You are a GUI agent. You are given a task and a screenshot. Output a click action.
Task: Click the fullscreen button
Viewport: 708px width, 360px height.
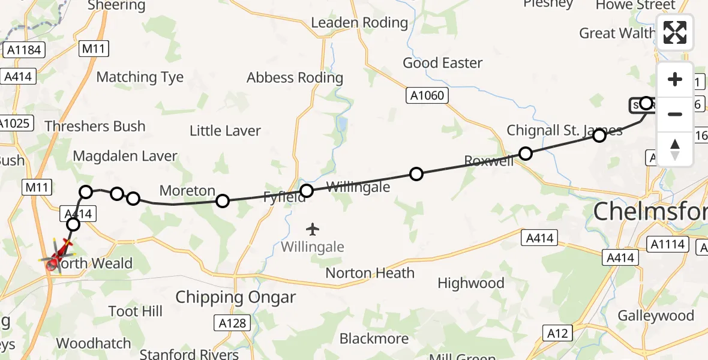pyautogui.click(x=675, y=32)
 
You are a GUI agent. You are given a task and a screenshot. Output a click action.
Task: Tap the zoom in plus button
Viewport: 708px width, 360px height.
pyautogui.click(x=675, y=80)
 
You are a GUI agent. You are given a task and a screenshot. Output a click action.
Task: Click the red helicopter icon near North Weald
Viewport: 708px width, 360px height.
pyautogui.click(x=57, y=258)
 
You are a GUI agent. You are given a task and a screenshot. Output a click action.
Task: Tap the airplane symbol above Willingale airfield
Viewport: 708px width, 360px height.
pyautogui.click(x=312, y=229)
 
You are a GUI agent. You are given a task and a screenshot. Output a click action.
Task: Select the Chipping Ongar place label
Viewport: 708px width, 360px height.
pyautogui.click(x=236, y=298)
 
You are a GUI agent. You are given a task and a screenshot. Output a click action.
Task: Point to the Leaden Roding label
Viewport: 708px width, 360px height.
pyautogui.click(x=359, y=23)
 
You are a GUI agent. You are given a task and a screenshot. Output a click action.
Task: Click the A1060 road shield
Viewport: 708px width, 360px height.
pyautogui.click(x=427, y=95)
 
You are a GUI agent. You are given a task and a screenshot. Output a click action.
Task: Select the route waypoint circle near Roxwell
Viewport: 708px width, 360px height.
pyautogui.click(x=526, y=154)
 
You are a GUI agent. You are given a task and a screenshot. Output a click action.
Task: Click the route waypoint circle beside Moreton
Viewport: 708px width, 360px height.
pyautogui.click(x=223, y=200)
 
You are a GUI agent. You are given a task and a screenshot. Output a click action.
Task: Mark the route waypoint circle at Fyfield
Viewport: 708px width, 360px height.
pyautogui.click(x=307, y=191)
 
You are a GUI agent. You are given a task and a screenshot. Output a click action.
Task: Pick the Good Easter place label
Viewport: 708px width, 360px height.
pyautogui.click(x=442, y=63)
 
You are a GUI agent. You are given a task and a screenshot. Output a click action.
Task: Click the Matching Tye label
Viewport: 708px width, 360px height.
pyautogui.click(x=140, y=77)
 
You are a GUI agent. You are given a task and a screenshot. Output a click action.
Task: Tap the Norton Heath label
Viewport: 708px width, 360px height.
pyautogui.click(x=370, y=273)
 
